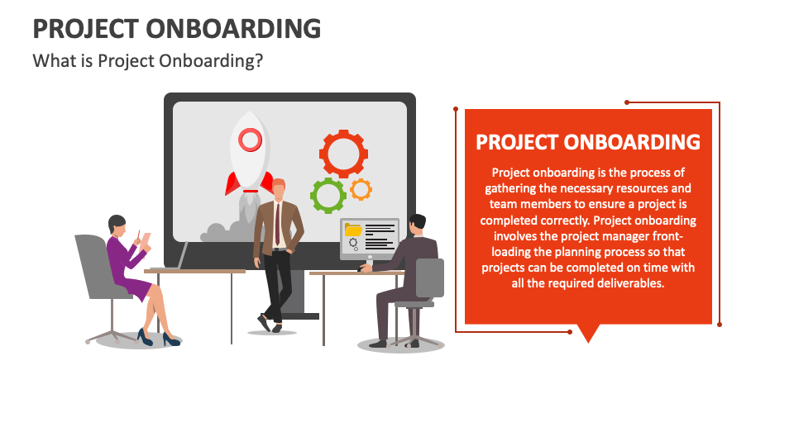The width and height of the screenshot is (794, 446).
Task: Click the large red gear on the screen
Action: (x=343, y=154)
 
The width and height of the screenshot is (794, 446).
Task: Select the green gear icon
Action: (x=328, y=196)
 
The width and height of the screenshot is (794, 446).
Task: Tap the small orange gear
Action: (x=361, y=189)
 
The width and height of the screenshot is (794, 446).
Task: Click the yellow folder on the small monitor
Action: (x=354, y=230)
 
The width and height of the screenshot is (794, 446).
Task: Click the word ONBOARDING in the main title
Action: (x=233, y=29)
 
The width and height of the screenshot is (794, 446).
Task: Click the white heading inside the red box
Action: (x=588, y=142)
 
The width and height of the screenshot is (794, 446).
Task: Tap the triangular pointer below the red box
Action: (x=588, y=333)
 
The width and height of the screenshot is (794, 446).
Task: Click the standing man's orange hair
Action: (x=279, y=183)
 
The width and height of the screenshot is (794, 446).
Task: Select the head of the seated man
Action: (x=417, y=224)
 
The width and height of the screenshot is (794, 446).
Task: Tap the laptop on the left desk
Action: (x=182, y=256)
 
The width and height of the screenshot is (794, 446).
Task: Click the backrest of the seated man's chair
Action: (x=430, y=277)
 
